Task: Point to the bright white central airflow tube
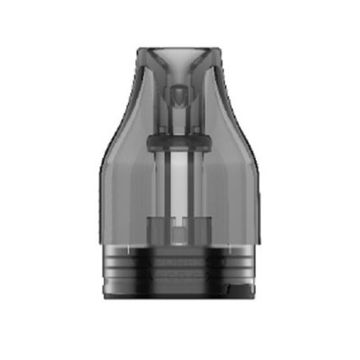180,180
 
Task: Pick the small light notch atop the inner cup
180,219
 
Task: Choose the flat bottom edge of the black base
180,298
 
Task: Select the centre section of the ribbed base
180,272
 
